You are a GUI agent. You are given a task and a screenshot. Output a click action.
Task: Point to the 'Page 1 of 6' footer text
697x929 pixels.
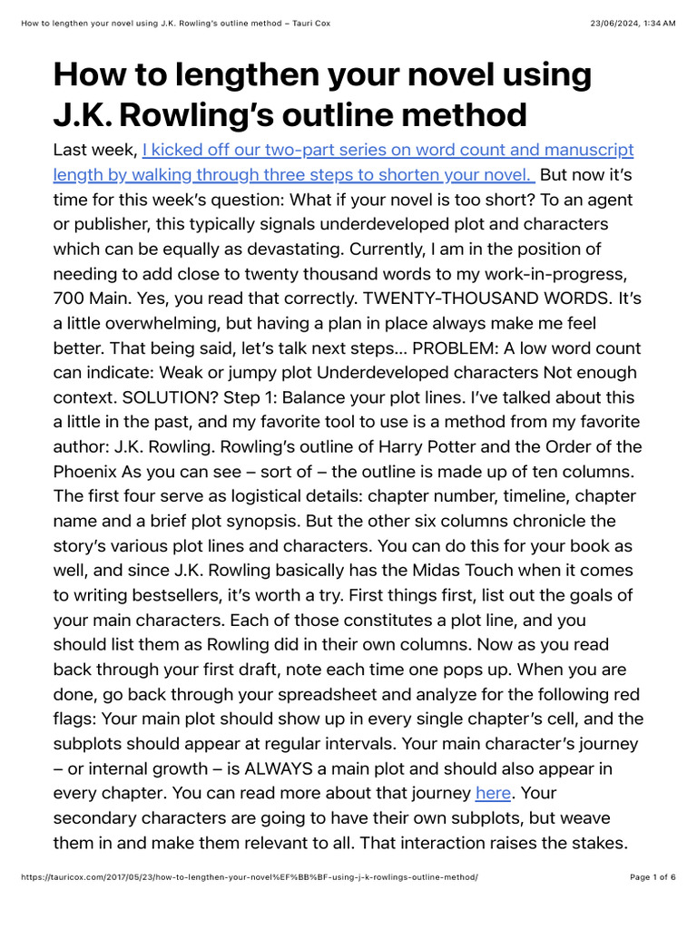coord(653,877)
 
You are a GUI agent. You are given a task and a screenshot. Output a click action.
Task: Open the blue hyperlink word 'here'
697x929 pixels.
coord(493,793)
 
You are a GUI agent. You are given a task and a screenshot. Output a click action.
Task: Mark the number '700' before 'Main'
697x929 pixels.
coord(72,298)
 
